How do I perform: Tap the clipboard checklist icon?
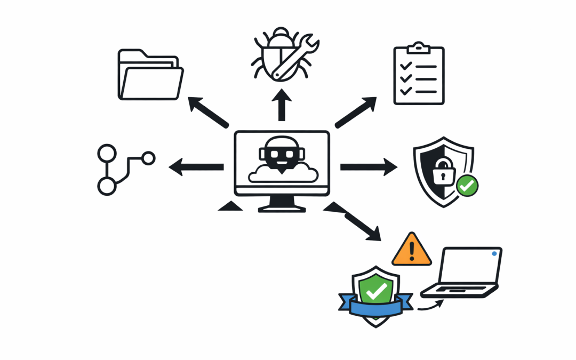pos(419,75)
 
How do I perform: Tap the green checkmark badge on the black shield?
pos(467,186)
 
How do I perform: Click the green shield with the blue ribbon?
pos(376,291)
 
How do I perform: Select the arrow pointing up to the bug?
pos(282,105)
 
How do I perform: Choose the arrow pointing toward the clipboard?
pos(356,111)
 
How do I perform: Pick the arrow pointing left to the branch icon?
pos(196,167)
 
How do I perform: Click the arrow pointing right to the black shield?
pos(369,167)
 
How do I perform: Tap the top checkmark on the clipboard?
pos(406,66)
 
